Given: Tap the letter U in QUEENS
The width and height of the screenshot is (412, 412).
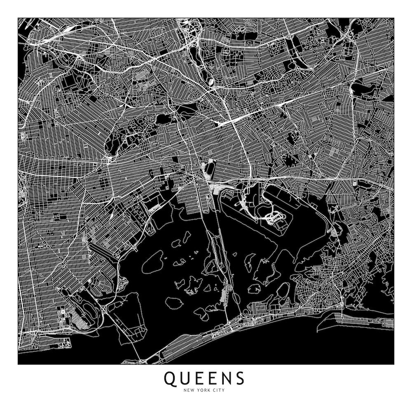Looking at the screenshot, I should click(x=185, y=378).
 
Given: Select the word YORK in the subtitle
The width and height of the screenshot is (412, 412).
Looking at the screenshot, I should click(x=204, y=390).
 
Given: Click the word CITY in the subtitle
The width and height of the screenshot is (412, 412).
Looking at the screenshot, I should click(x=219, y=390).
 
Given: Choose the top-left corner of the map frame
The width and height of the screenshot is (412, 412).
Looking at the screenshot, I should click(x=18, y=18).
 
